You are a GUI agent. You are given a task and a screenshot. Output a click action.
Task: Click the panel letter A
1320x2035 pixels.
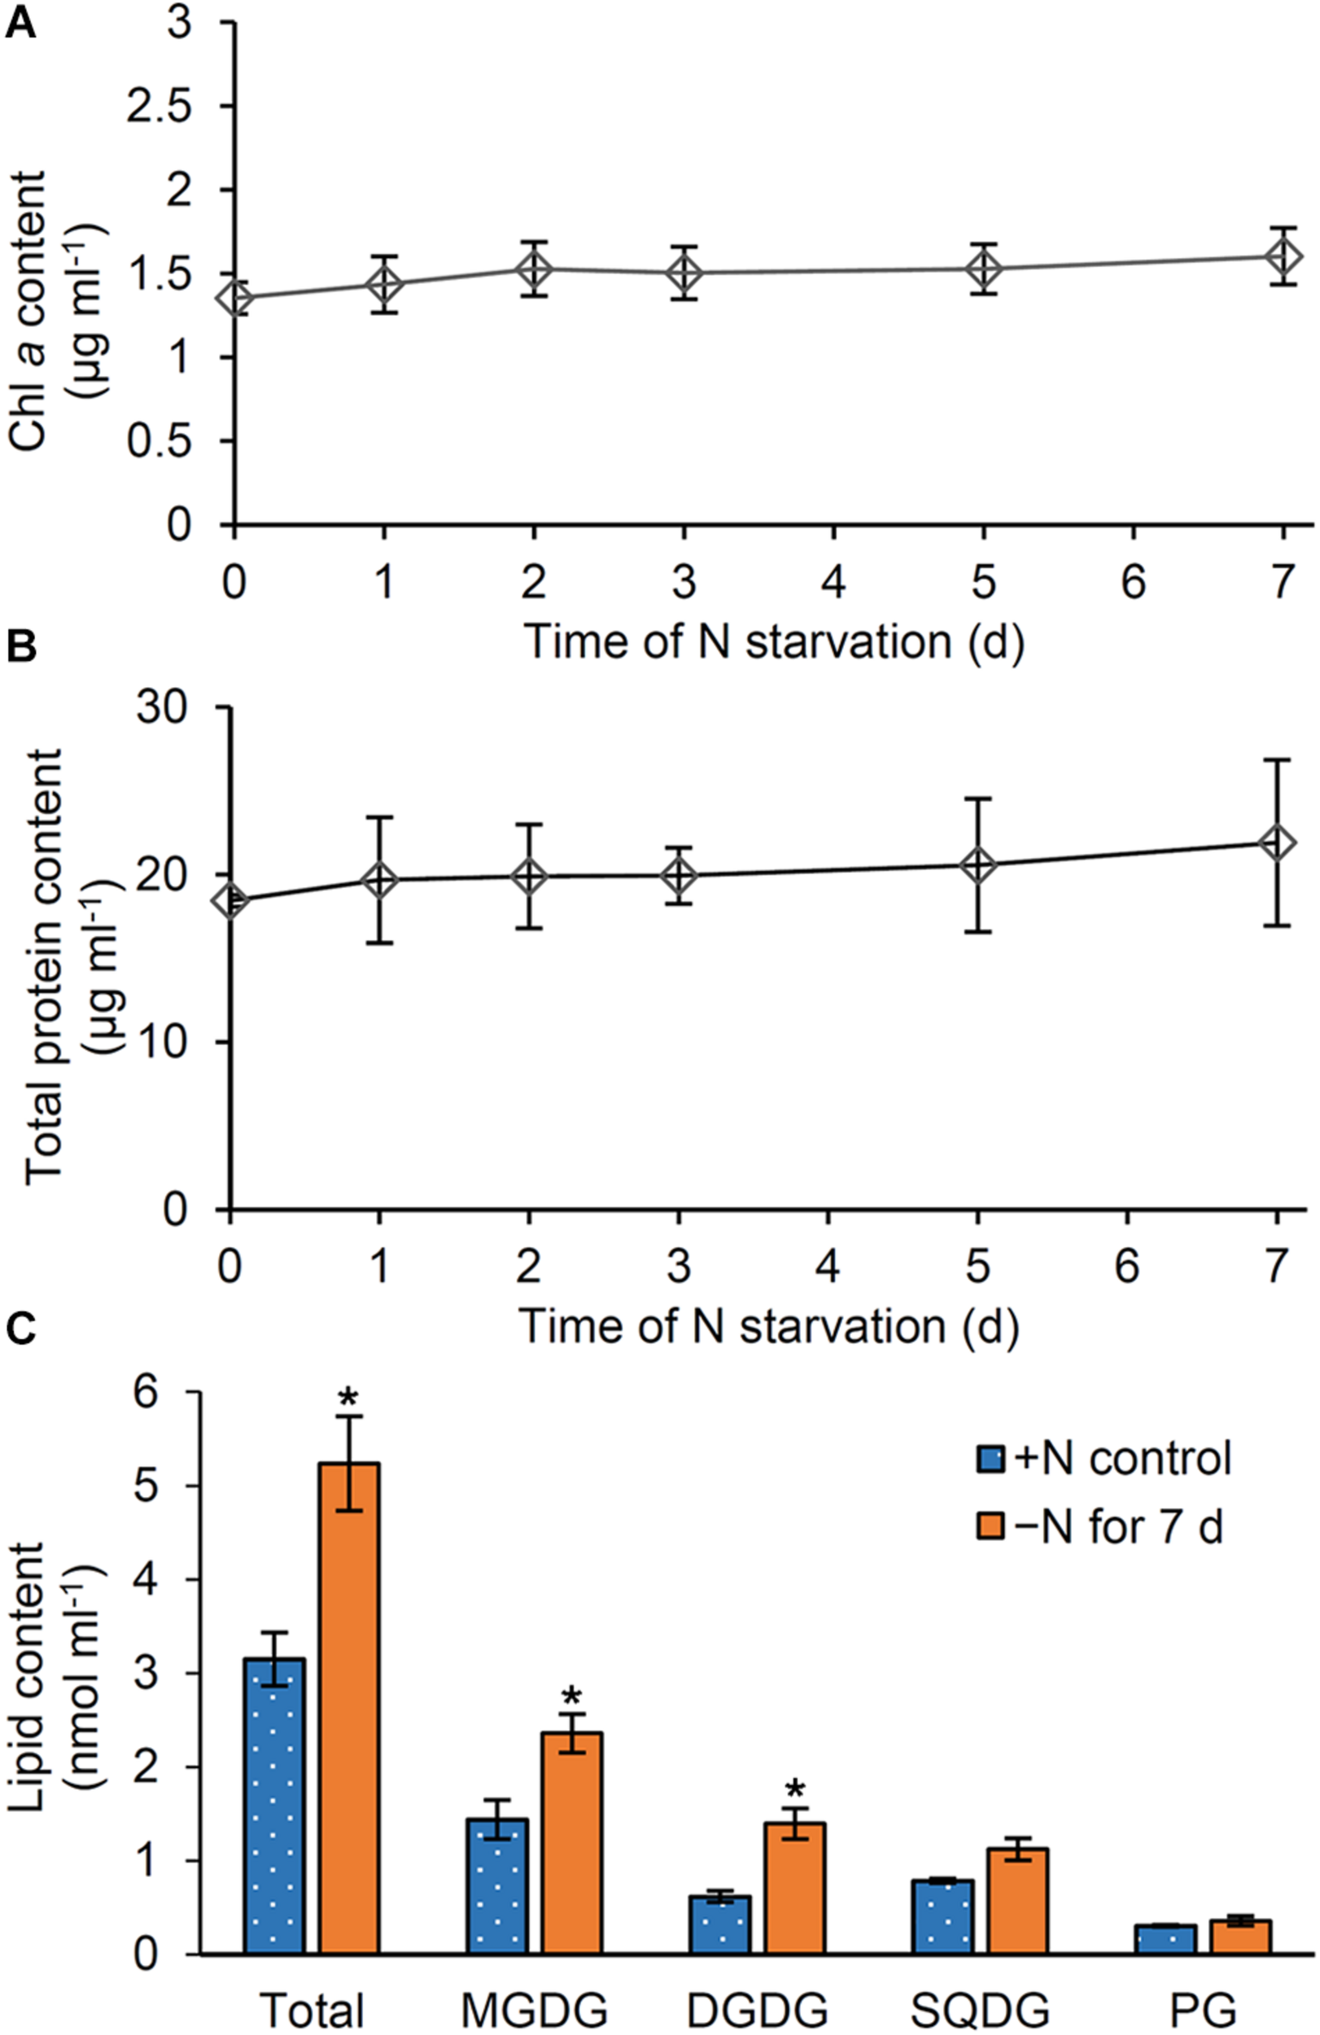20,23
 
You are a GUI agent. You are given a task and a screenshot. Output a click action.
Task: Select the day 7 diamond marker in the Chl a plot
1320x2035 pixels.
1283,256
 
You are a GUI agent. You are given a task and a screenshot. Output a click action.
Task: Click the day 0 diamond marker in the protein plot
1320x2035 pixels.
230,900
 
